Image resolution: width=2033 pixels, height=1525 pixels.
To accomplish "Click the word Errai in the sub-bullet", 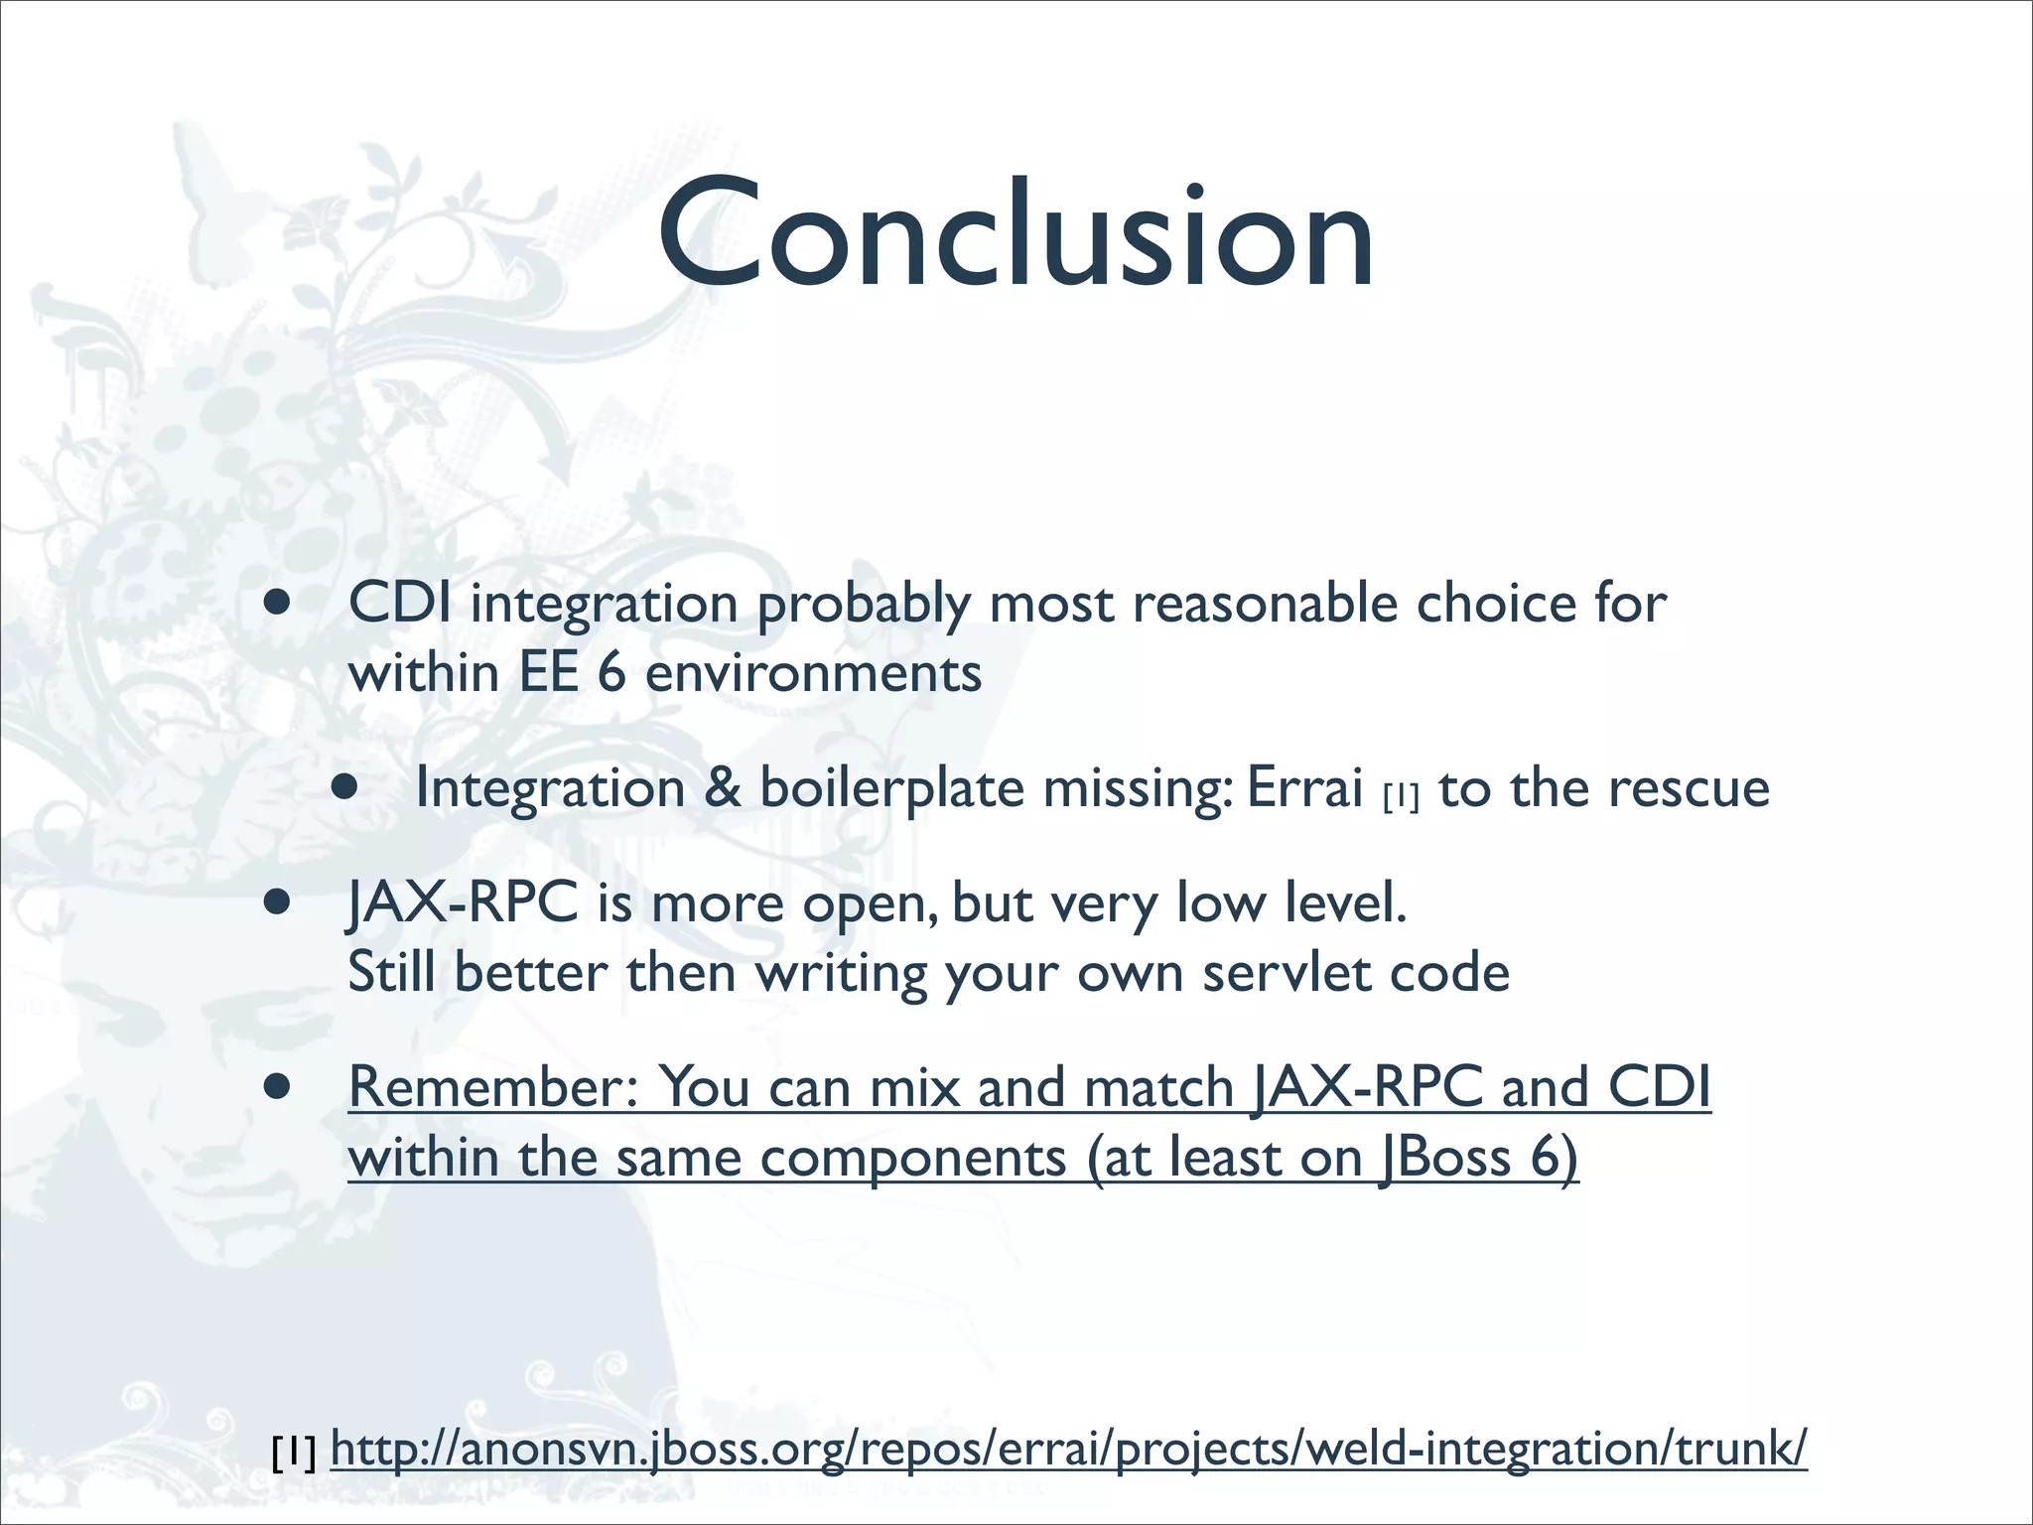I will [1303, 789].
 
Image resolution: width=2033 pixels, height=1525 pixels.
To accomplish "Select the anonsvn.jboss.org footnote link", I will [1068, 1449].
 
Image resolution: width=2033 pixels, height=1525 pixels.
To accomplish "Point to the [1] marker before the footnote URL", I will [294, 1453].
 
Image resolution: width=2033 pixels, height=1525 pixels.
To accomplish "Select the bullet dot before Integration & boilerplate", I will [344, 788].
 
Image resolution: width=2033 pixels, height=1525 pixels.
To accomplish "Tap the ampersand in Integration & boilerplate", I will [722, 789].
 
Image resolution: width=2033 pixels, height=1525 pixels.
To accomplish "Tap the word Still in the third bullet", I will [391, 973].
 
